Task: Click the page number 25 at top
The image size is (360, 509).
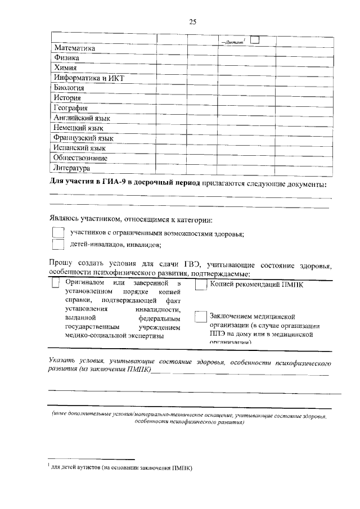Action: [x=192, y=22]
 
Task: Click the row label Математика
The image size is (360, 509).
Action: [x=74, y=48]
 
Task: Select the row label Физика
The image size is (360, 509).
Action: [x=66, y=58]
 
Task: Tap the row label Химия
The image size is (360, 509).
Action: [x=65, y=68]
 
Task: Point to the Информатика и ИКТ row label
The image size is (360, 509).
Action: [x=88, y=78]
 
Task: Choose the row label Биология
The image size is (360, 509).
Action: [x=69, y=88]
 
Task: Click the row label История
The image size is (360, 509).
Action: [x=67, y=98]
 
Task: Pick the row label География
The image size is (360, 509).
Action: [x=70, y=108]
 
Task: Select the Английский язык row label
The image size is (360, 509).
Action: [x=81, y=118]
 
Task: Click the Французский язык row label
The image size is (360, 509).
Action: [x=83, y=138]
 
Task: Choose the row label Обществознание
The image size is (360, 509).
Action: [x=80, y=158]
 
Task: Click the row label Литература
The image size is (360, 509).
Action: [x=71, y=168]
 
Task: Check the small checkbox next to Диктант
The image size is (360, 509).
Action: [x=254, y=39]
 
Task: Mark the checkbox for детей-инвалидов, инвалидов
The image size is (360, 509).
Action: [x=58, y=244]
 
